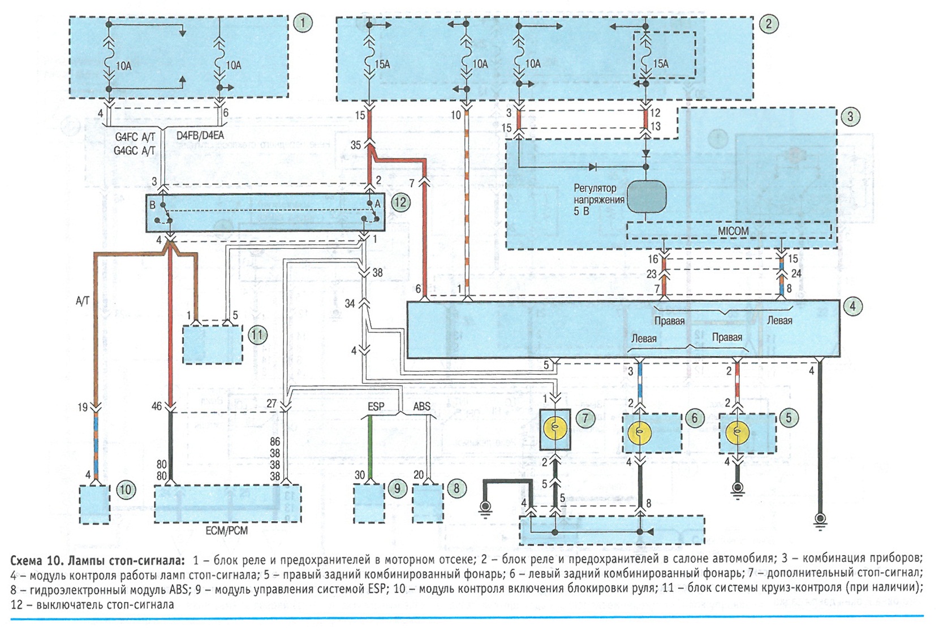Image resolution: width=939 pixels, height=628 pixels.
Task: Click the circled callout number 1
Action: tap(303, 23)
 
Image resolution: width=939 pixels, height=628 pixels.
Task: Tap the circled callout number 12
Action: tap(400, 203)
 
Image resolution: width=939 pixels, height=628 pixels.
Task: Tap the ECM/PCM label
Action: tap(227, 531)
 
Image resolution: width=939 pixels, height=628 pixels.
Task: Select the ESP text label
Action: tap(376, 406)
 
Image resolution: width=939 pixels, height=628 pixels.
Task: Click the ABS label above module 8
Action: tap(422, 406)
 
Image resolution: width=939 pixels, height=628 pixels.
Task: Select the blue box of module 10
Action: tap(94, 504)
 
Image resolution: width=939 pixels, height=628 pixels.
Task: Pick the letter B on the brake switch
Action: tap(152, 205)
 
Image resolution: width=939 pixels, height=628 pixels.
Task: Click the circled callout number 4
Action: tap(853, 306)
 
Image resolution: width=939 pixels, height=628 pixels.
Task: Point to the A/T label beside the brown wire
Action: tap(83, 301)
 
